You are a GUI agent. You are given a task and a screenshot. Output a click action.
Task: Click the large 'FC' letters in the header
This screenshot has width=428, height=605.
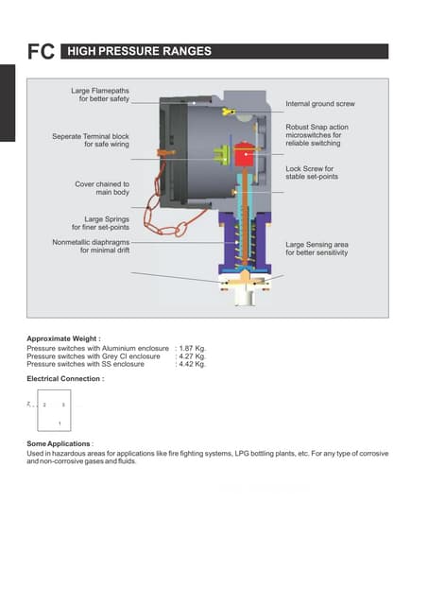coord(40,53)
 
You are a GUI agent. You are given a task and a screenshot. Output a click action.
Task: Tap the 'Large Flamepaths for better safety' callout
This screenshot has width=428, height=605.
coord(101,95)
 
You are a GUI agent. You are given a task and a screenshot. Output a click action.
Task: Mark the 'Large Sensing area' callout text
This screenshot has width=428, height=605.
coord(317,249)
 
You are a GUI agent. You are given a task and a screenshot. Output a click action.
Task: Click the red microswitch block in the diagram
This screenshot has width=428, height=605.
coord(248,155)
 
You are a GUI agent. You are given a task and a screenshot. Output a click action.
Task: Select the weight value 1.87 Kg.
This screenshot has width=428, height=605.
coord(193,348)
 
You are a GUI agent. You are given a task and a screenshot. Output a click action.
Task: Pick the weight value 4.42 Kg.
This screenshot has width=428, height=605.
coord(193,364)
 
